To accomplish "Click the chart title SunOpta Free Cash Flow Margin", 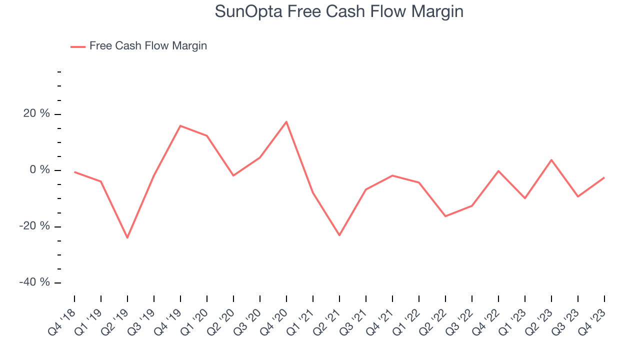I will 339,11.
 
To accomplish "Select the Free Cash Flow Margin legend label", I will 148,46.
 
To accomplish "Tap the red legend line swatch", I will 78,46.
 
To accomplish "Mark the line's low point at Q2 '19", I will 127,237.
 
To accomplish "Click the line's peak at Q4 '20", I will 286,121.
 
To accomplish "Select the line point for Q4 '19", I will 180,125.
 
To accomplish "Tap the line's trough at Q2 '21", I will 339,235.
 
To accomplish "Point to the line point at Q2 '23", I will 551,160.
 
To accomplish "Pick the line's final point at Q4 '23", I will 604,177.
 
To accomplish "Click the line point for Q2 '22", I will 445,216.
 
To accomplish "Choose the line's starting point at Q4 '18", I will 74,172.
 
